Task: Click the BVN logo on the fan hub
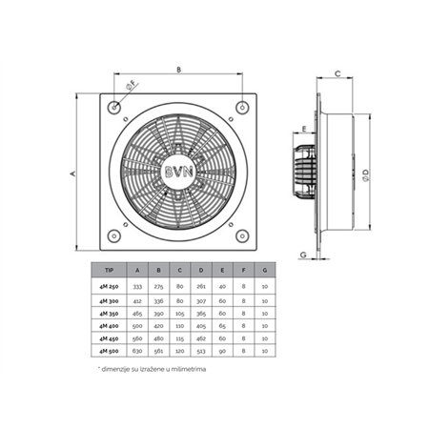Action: [x=177, y=174]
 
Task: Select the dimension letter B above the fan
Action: [x=178, y=69]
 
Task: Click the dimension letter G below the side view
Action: [x=302, y=255]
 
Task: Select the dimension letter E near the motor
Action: [x=302, y=128]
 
